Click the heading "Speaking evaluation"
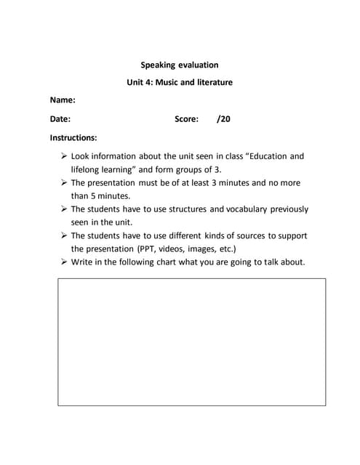[x=179, y=65]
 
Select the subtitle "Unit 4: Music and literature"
[x=179, y=82]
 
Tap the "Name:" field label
[x=63, y=100]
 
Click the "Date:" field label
[x=60, y=119]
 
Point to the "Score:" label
[x=186, y=119]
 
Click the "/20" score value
[x=223, y=119]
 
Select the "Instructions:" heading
[x=73, y=137]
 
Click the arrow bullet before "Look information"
[x=64, y=156]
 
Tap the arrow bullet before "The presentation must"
[x=64, y=183]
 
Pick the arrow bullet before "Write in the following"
[x=64, y=262]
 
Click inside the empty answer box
[x=191, y=341]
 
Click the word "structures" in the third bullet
[x=188, y=209]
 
